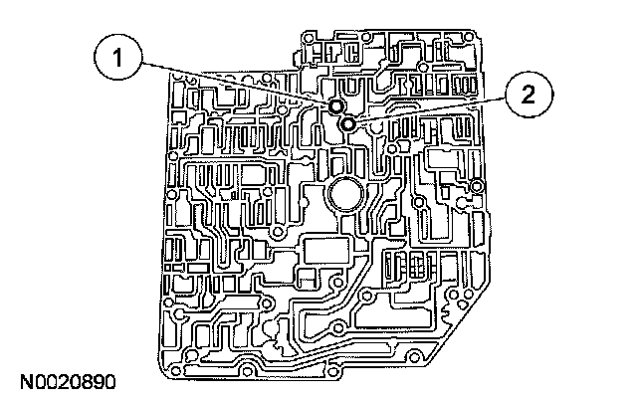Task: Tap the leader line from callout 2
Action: (x=438, y=109)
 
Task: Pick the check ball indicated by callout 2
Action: (x=347, y=123)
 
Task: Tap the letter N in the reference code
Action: (x=22, y=381)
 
